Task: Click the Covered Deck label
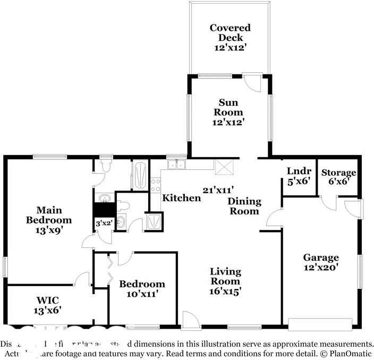[229, 37]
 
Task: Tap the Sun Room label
[229, 112]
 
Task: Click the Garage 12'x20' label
[320, 262]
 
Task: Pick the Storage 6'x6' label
[338, 177]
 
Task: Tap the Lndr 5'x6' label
[299, 176]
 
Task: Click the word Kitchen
[181, 198]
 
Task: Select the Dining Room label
[244, 206]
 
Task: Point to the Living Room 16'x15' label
[225, 281]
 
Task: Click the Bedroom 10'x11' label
[141, 288]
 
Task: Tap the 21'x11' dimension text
[218, 189]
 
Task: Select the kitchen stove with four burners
[156, 185]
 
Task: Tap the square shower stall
[155, 220]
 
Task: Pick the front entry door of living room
[189, 320]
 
